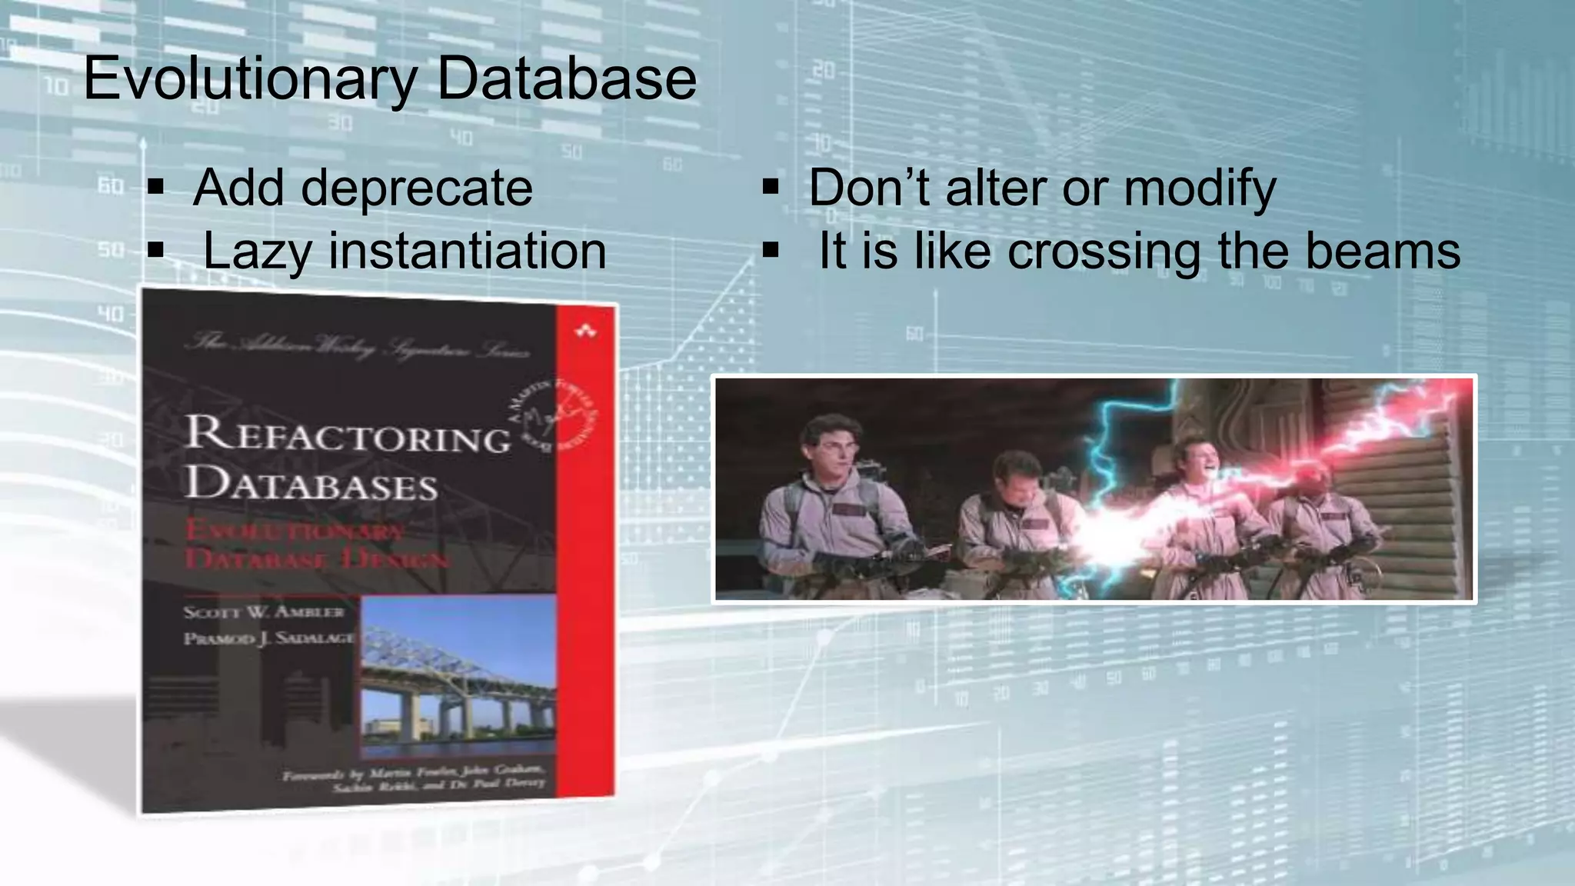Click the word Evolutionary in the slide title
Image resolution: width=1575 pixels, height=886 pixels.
[x=249, y=78]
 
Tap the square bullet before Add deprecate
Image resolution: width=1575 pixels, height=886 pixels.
[x=156, y=187]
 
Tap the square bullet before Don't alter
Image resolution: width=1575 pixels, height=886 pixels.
[x=771, y=187]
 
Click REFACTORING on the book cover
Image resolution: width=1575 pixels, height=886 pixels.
[x=348, y=435]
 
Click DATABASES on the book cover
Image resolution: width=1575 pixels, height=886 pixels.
[x=311, y=485]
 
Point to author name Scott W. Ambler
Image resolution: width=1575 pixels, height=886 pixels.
[x=263, y=612]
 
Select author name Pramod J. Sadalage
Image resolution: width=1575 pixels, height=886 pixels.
[x=268, y=638]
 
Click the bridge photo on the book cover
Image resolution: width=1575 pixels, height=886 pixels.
[x=458, y=677]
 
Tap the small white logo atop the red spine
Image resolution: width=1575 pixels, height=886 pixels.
[x=586, y=331]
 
